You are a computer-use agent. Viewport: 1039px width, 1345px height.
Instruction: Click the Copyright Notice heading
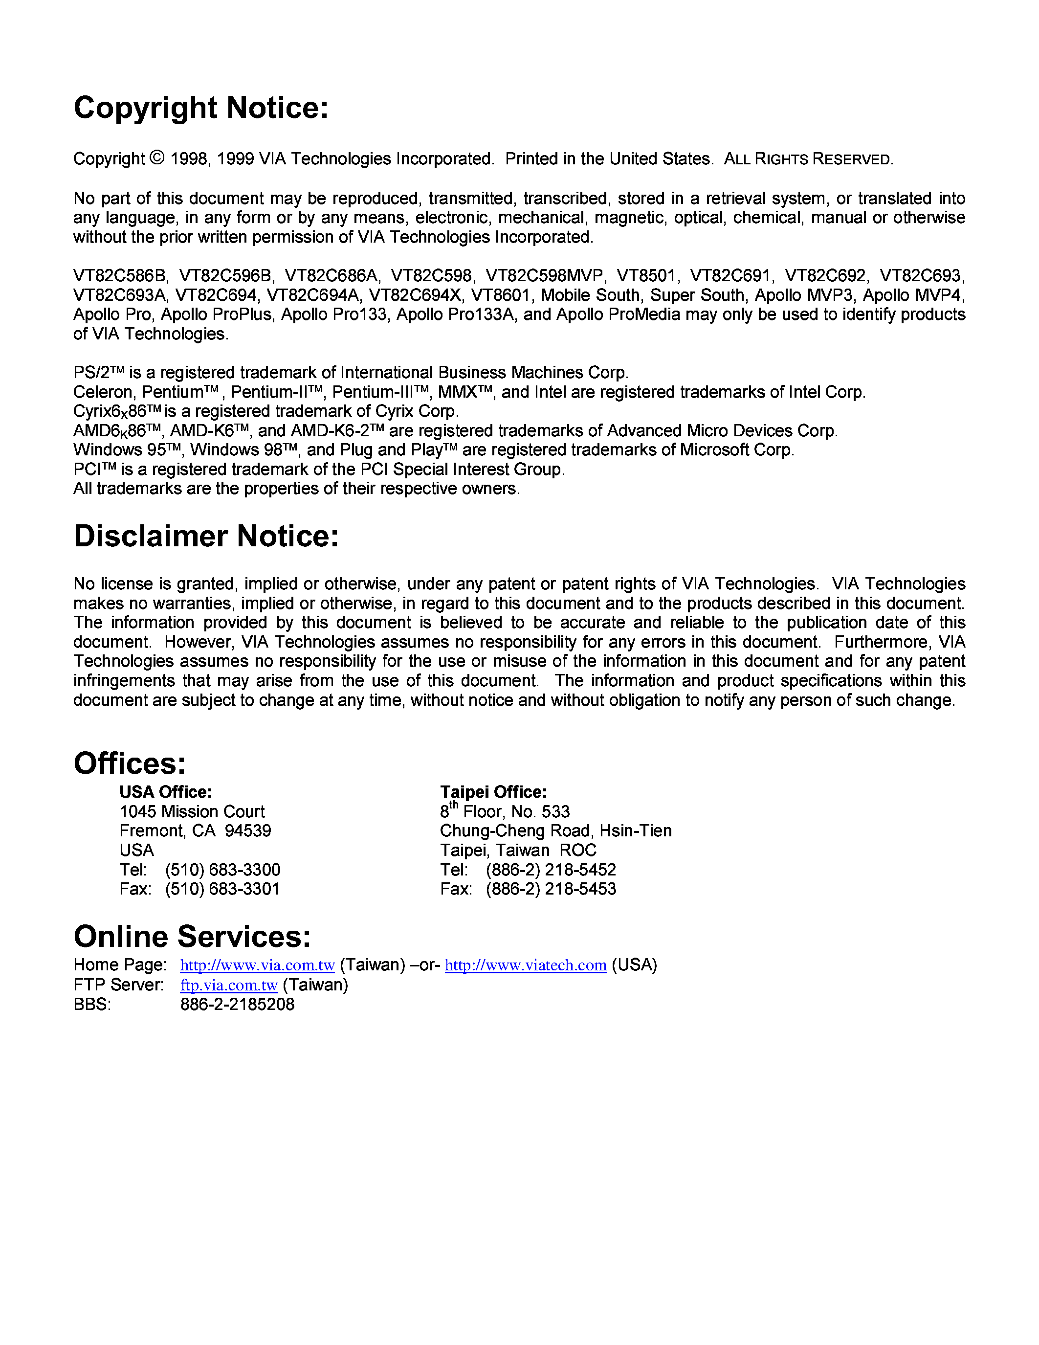coord(201,108)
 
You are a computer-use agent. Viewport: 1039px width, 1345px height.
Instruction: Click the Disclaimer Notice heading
coord(206,536)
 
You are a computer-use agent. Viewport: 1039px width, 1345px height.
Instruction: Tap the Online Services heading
coord(192,937)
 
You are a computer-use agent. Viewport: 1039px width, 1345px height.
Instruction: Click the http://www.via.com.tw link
coord(257,965)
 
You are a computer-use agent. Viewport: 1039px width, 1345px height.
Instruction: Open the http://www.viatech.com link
coord(525,965)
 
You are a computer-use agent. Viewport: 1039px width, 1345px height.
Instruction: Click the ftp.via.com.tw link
coord(228,985)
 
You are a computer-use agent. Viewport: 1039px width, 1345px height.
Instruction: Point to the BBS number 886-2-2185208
coord(237,1005)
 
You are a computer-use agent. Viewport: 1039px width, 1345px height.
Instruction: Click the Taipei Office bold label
coord(493,792)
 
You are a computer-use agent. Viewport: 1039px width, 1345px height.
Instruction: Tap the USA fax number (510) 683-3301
coord(222,889)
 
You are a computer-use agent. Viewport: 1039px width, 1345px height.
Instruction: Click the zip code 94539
coord(247,831)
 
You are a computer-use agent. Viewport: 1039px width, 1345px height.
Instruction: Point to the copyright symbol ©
coord(157,158)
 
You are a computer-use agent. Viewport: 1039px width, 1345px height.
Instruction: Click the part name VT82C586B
coord(120,275)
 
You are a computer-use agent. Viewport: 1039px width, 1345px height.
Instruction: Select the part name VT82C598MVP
coord(544,275)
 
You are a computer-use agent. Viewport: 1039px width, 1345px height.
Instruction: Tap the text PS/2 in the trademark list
coord(91,373)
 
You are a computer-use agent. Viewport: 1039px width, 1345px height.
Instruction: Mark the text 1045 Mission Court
coord(192,812)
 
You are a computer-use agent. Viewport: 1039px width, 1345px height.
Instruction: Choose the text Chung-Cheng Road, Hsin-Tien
coord(555,831)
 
